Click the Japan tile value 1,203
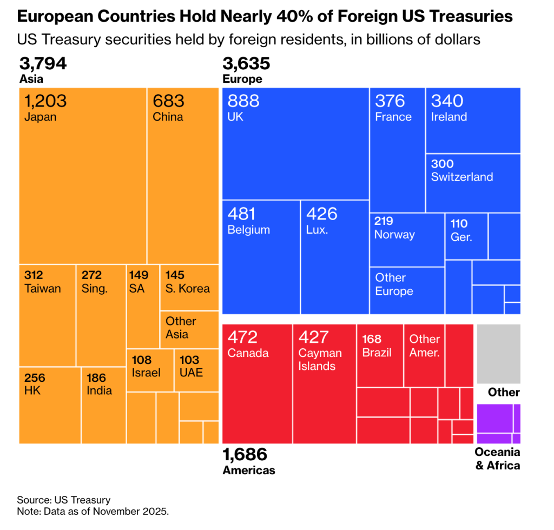tap(45, 101)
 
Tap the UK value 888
tap(243, 101)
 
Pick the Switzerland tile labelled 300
tap(473, 183)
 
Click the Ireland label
tap(449, 117)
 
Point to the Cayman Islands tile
tap(324, 383)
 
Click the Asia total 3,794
tap(43, 64)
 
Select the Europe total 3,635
tap(246, 64)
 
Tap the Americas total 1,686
tap(245, 455)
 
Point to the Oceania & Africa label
tap(497, 459)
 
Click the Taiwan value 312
tap(34, 275)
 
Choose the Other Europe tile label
tap(394, 284)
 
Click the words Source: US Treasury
tap(63, 500)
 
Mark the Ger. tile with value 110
tap(466, 236)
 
